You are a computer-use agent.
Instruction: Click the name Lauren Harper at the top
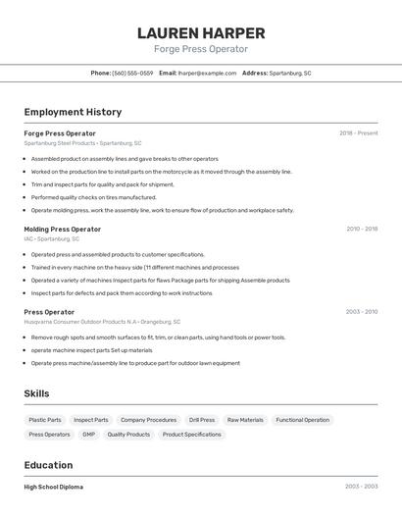coord(201,32)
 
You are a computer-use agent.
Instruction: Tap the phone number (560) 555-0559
coord(132,73)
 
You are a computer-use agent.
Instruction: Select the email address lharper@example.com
coord(207,73)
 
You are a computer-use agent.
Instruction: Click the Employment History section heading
coord(73,112)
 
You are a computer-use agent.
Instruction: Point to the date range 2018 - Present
coord(358,133)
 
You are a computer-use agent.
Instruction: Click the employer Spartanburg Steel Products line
coord(82,143)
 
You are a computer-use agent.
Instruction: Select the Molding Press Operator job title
coord(62,229)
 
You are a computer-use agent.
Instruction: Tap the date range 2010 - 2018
coord(361,229)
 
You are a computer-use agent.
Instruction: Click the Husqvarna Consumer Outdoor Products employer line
coord(102,322)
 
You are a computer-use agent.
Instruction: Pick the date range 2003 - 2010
coord(361,312)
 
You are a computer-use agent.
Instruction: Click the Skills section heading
coord(36,393)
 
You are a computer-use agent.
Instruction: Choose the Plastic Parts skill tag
coord(45,420)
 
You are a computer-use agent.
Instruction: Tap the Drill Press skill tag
coord(201,420)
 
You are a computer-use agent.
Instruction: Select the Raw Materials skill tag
coord(245,420)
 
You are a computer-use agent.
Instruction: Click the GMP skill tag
coord(88,434)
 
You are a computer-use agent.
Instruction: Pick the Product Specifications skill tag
coord(191,434)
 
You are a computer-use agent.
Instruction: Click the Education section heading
coord(48,465)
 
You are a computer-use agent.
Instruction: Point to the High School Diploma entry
coord(53,487)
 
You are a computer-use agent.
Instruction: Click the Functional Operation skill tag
coord(302,420)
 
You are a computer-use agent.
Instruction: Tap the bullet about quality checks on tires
coord(93,197)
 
